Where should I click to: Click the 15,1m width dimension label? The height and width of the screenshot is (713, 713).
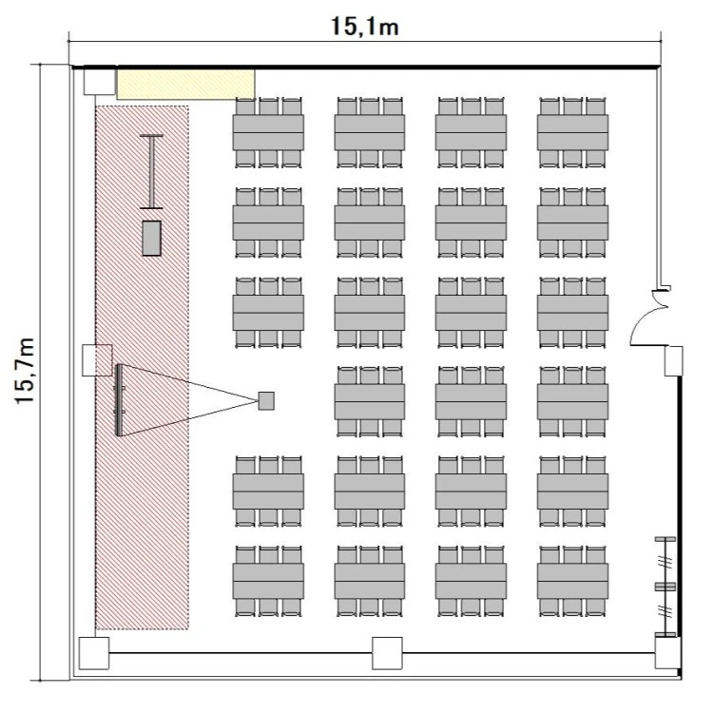(365, 27)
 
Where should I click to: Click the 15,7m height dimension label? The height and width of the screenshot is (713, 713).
(25, 371)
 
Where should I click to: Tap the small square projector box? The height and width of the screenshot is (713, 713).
(266, 400)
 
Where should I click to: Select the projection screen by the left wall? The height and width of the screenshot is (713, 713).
(119, 400)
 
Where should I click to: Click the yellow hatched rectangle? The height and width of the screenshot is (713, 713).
(186, 84)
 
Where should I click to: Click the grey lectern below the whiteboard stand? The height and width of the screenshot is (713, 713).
(151, 239)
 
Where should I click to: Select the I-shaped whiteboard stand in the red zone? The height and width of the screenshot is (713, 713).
(151, 171)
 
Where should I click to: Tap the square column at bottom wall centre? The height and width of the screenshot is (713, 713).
(388, 653)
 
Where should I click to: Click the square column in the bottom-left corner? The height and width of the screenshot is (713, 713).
(94, 653)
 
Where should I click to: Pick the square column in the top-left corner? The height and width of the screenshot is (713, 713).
(100, 82)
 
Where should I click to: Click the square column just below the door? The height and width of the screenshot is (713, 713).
(673, 361)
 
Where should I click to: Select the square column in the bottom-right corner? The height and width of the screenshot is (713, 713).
(668, 652)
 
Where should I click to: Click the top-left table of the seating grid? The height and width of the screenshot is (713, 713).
(268, 133)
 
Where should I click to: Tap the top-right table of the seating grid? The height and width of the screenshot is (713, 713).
(572, 133)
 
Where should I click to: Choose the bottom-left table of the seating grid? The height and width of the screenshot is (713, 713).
(268, 581)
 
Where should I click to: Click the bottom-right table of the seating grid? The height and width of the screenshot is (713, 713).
(572, 581)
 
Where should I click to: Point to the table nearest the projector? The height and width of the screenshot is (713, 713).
(370, 402)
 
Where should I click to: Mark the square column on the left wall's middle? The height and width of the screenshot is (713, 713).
(97, 360)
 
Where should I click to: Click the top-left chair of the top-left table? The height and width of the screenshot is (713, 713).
(245, 106)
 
